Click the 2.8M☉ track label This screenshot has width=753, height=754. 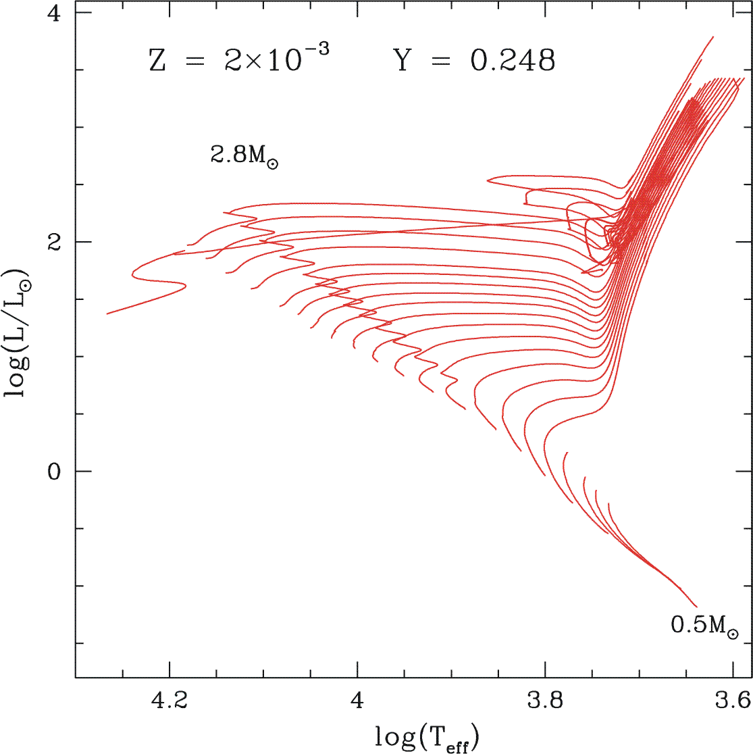coord(244,156)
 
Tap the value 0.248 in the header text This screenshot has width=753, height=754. coord(513,61)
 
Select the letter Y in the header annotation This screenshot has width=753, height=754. coord(403,61)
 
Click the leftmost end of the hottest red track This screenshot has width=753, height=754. coord(107,313)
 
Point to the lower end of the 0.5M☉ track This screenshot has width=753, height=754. coord(696,607)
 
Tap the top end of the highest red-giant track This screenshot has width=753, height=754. coord(713,37)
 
